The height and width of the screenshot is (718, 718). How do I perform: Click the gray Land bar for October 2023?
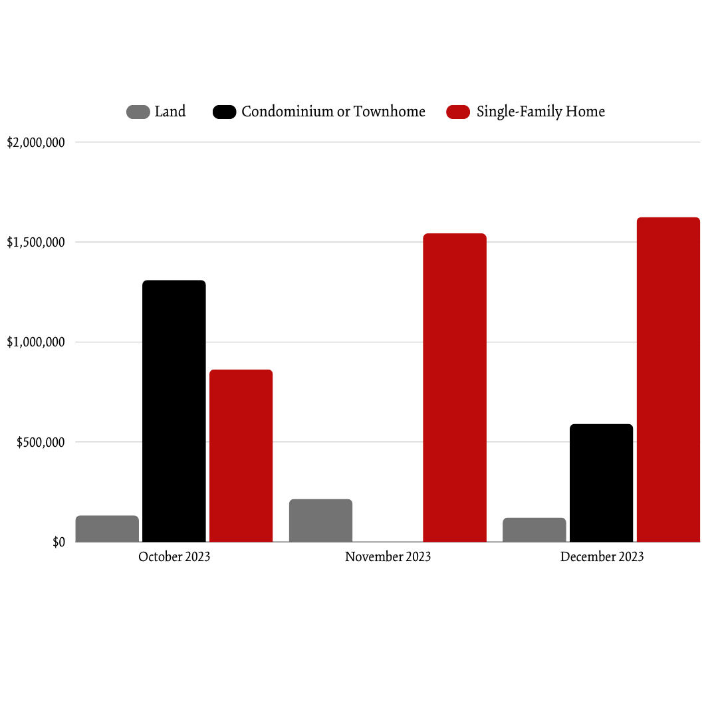107,529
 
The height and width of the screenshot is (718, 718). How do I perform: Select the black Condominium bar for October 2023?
174,411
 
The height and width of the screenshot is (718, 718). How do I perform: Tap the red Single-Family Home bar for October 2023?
241,455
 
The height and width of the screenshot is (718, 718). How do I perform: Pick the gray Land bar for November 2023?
320,521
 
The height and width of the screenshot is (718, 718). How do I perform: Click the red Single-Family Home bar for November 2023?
455,388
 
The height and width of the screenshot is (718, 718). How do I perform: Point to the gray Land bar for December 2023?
535,530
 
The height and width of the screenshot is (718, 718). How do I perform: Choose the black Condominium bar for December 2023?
602,483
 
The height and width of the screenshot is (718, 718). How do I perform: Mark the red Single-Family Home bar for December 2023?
668,380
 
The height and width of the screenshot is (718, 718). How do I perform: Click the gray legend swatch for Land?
138,112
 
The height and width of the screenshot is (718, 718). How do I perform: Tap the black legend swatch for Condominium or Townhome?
224,112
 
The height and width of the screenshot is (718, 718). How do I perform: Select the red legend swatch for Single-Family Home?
458,112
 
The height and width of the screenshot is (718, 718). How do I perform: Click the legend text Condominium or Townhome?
333,112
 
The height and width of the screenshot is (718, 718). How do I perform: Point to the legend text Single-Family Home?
540,112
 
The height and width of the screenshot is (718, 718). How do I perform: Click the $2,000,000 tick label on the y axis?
36,142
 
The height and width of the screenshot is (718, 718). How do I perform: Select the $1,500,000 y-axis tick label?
36,243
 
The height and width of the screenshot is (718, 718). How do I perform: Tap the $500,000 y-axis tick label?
41,443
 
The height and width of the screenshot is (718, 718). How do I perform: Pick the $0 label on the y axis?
59,542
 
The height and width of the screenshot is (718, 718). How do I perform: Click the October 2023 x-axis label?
174,557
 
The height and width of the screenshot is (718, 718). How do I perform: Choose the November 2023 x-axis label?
388,557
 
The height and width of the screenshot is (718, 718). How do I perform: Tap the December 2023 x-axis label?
602,557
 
